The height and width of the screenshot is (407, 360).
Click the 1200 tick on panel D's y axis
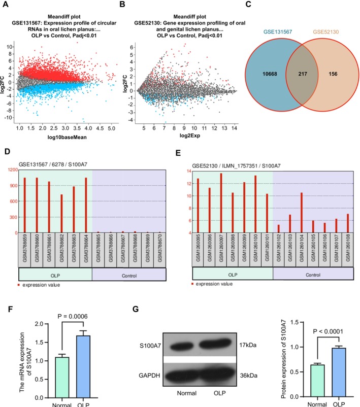[10, 169]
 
